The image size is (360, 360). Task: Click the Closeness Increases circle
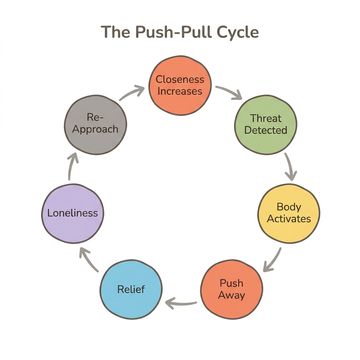180,85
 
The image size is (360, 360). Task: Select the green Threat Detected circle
266,124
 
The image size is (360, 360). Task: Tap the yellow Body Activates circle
289,213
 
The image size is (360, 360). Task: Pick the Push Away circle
231,289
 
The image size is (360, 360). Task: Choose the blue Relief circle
131,289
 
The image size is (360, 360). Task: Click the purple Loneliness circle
72,213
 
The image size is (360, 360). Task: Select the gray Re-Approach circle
95,124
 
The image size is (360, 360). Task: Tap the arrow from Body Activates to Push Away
273,260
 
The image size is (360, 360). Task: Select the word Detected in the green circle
266,130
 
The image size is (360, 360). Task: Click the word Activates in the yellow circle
289,219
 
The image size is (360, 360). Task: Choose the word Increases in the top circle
180,91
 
